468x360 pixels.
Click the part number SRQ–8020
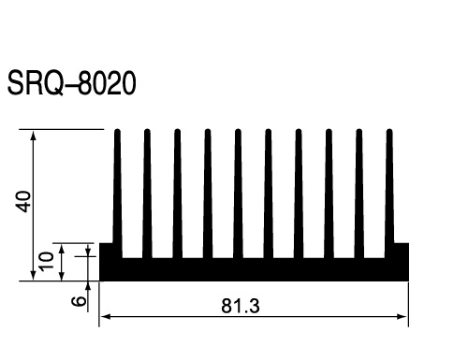71,82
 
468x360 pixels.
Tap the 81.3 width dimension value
241,306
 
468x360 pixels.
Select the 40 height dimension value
23,202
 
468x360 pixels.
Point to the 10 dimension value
47,262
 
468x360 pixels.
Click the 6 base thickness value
79,301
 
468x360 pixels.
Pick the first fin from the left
117,194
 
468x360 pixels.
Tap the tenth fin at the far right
389,194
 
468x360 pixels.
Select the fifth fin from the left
238,194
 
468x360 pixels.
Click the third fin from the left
178,194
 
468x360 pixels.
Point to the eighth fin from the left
329,194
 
